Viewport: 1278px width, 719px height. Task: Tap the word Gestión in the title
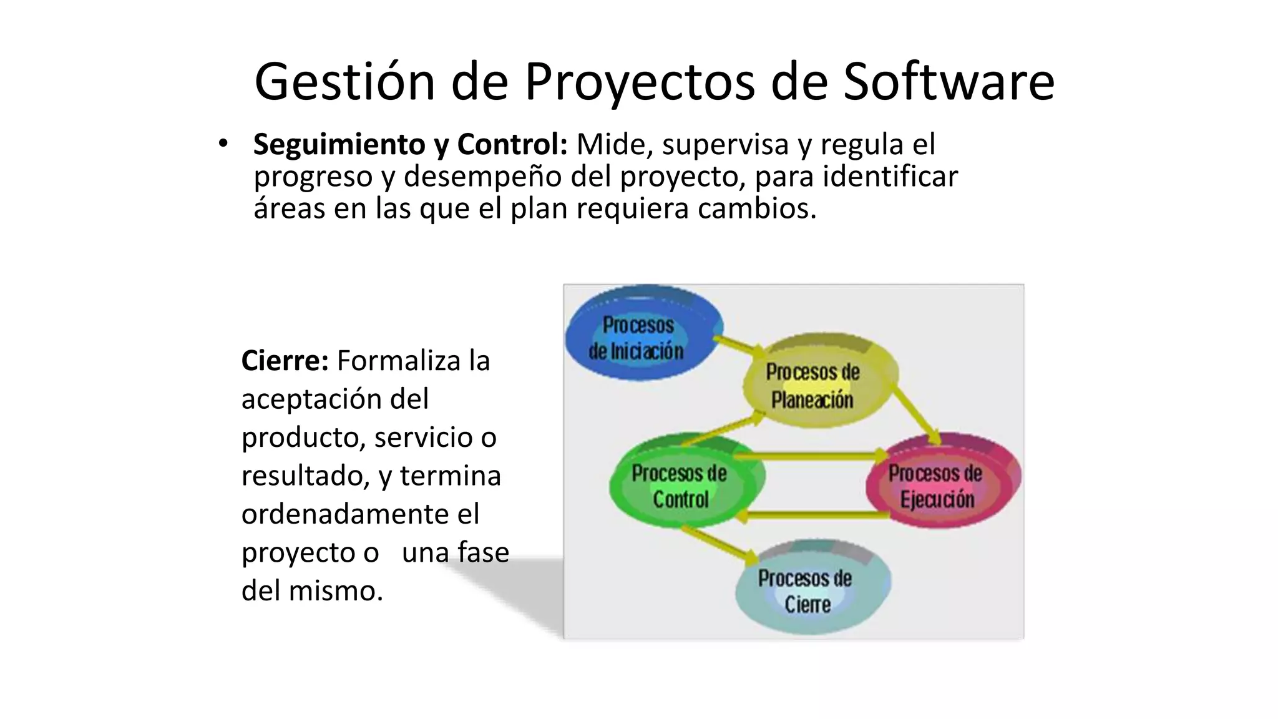click(344, 82)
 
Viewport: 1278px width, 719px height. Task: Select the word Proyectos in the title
click(639, 82)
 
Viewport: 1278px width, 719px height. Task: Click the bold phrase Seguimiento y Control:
click(410, 145)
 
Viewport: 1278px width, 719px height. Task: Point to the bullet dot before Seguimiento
click(223, 144)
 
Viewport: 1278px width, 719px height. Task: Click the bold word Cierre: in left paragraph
click(285, 361)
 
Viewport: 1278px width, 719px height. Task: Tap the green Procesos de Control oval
click(680, 486)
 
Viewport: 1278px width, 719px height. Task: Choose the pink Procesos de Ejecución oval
click(939, 486)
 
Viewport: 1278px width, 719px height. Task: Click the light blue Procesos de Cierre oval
click(808, 590)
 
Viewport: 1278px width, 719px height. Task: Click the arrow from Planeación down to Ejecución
click(915, 413)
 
